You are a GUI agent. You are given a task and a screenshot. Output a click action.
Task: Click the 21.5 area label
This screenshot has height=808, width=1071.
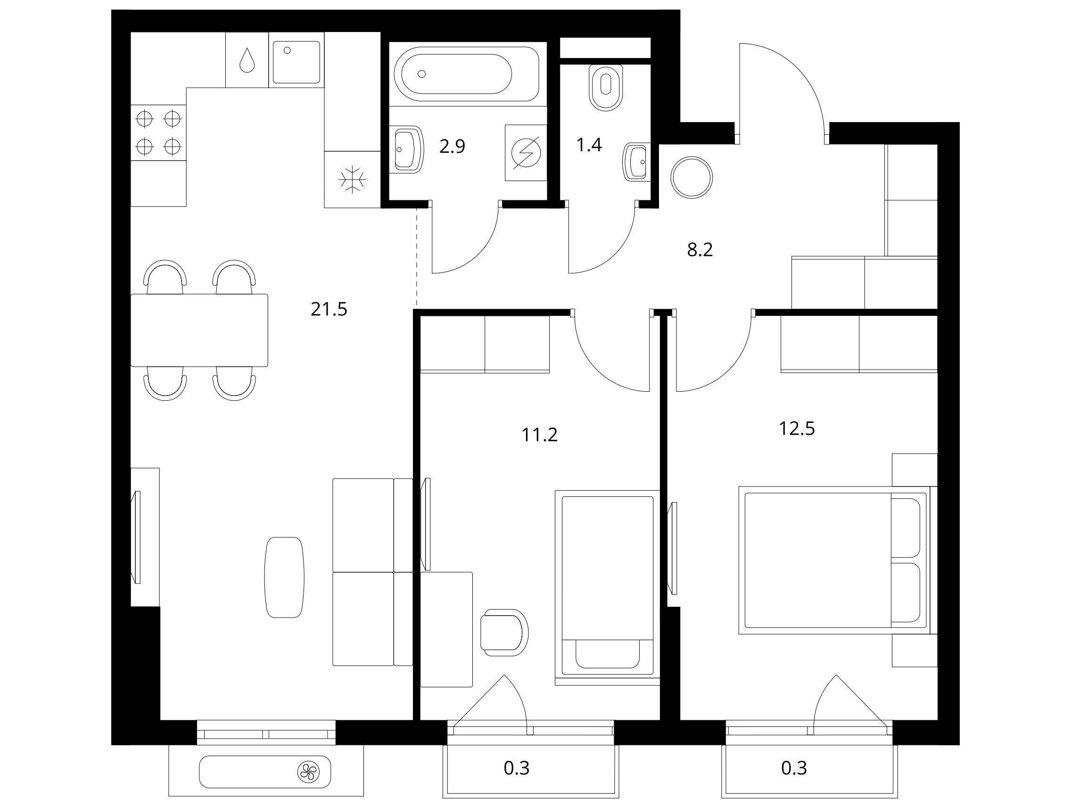(x=329, y=309)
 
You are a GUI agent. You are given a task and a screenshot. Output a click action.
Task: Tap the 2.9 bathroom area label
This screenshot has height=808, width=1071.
(x=452, y=146)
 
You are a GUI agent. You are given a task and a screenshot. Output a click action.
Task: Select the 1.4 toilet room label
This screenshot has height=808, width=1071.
(x=589, y=144)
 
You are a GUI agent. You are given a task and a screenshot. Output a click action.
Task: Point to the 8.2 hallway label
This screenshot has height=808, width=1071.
(x=700, y=250)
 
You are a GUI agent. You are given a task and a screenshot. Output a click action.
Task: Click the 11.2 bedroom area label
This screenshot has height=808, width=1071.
(x=539, y=435)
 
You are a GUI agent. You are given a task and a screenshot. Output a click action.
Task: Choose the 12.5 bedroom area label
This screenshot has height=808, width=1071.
(x=797, y=429)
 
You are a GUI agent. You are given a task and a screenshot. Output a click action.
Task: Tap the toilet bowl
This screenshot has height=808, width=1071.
(x=606, y=87)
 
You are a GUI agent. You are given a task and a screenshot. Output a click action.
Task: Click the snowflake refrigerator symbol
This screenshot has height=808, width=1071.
(x=352, y=180)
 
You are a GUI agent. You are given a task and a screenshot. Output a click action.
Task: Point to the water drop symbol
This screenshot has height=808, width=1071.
(x=247, y=60)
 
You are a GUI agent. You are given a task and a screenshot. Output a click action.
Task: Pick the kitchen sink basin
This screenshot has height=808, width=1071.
(x=296, y=62)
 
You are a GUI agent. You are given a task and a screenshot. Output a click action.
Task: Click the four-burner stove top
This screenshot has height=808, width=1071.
(x=158, y=132)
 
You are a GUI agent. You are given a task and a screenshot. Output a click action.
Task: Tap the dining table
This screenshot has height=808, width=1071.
(x=199, y=330)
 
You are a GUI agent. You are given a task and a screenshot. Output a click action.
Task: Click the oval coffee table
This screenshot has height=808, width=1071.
(x=284, y=577)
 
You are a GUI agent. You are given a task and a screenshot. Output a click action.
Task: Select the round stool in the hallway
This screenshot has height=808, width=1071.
(x=692, y=177)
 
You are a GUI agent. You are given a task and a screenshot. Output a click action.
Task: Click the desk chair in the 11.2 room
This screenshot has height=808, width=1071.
(x=504, y=632)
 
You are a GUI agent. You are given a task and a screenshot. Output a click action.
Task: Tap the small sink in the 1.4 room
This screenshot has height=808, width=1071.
(x=636, y=162)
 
